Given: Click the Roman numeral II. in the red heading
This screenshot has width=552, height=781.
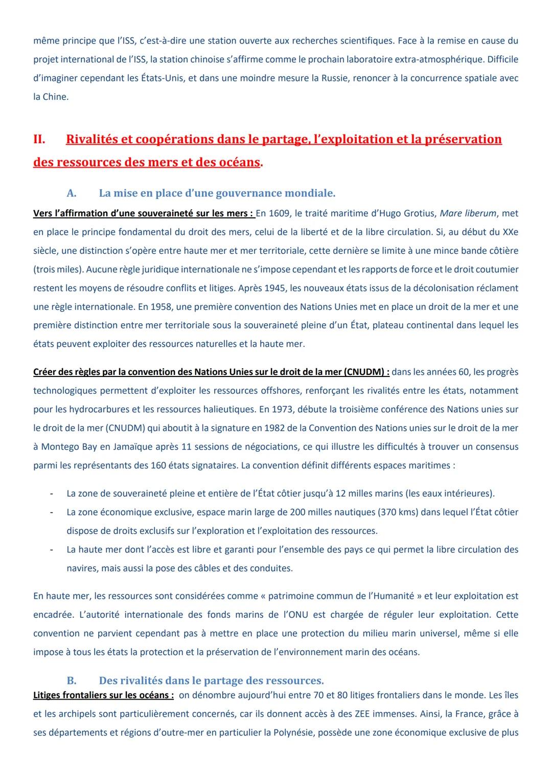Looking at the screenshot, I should (39, 139).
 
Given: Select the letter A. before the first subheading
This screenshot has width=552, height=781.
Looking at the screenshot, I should (72, 193).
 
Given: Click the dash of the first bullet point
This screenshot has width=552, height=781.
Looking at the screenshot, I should (51, 494).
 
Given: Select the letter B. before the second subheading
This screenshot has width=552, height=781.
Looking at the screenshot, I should (72, 681).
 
